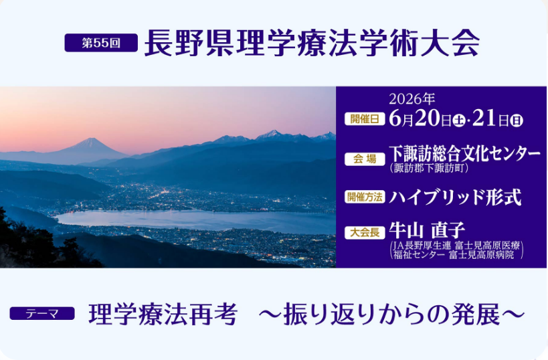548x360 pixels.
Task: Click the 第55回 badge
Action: point(101,43)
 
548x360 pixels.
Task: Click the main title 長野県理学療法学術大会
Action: point(312,43)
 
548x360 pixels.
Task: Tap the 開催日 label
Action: point(365,119)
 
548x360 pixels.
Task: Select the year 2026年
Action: point(412,99)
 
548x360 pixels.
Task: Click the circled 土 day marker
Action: point(458,120)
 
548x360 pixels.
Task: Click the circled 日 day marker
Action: point(516,120)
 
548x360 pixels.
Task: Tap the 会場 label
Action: point(365,159)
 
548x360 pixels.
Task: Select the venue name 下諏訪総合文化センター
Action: point(464,154)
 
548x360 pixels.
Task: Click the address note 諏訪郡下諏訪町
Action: point(429,169)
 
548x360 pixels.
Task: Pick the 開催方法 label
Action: point(365,197)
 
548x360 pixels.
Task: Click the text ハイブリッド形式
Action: point(455,197)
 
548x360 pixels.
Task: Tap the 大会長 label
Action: point(365,233)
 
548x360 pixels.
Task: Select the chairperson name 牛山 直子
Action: point(427,231)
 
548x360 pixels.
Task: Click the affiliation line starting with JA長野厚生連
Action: point(456,246)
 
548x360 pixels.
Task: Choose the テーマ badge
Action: point(42,314)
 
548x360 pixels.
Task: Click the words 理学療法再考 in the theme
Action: point(163,314)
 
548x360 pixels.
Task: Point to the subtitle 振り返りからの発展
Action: point(391,314)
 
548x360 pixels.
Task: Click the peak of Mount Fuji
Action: point(90,139)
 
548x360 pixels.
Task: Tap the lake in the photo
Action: point(195,220)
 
